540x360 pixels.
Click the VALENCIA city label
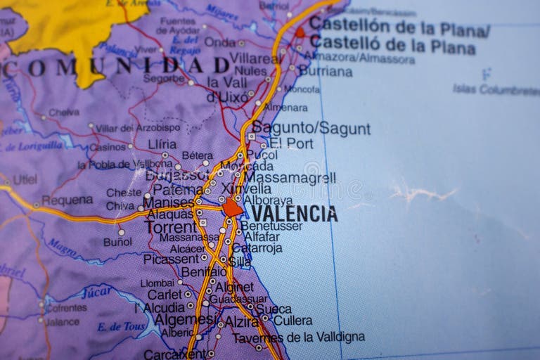(294, 214)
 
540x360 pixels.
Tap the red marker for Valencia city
(233, 207)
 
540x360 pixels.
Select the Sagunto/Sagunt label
(311, 129)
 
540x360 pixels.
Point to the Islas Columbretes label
(496, 89)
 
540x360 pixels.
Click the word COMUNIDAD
(116, 67)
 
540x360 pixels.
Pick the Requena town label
(67, 200)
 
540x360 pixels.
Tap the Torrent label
(171, 227)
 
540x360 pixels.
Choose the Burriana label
(326, 71)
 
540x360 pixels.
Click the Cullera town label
(292, 321)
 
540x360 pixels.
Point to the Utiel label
(25, 179)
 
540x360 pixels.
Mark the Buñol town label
(117, 242)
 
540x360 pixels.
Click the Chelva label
(64, 112)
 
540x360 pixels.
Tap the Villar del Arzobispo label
(137, 128)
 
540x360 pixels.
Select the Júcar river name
(96, 292)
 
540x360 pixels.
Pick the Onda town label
(220, 42)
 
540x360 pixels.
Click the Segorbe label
(164, 79)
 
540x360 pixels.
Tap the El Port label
(291, 143)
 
